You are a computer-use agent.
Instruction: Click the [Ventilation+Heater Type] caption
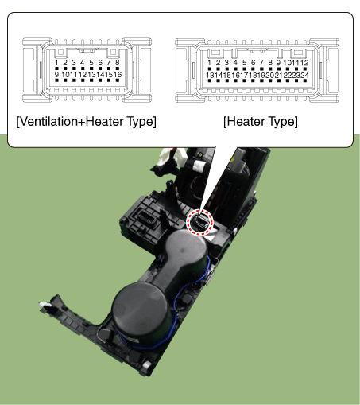coord(87,122)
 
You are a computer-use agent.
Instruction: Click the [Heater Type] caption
coord(261,122)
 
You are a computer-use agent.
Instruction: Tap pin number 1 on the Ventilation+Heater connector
coord(56,63)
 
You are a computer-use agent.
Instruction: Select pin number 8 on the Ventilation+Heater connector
coord(118,63)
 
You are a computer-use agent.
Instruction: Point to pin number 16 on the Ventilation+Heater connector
coord(118,75)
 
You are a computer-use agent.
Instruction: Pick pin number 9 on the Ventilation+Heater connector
coord(56,75)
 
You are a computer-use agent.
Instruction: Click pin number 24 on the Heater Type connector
coord(305,76)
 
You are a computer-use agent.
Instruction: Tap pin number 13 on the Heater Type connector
coord(210,76)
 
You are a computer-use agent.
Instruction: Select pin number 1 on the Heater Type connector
coord(210,63)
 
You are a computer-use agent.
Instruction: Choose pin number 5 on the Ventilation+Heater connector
coord(91,63)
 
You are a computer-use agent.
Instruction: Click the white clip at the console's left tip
coord(45,305)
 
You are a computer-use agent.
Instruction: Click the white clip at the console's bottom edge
coord(146,368)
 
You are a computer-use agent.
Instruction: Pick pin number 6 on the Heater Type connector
coord(253,63)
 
